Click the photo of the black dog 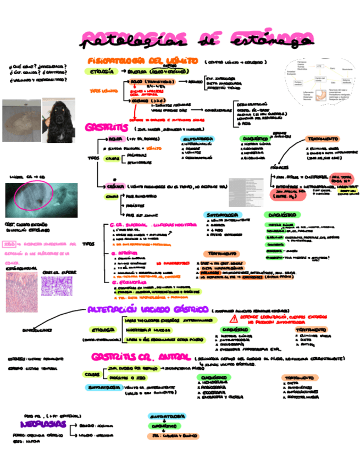tap(63, 120)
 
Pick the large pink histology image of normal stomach tap(21, 292)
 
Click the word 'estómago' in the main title tap(269, 40)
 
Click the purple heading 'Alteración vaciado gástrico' tap(148, 310)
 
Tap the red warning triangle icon tap(235, 319)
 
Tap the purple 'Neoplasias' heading tap(43, 424)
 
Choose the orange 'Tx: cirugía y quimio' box tap(167, 436)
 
